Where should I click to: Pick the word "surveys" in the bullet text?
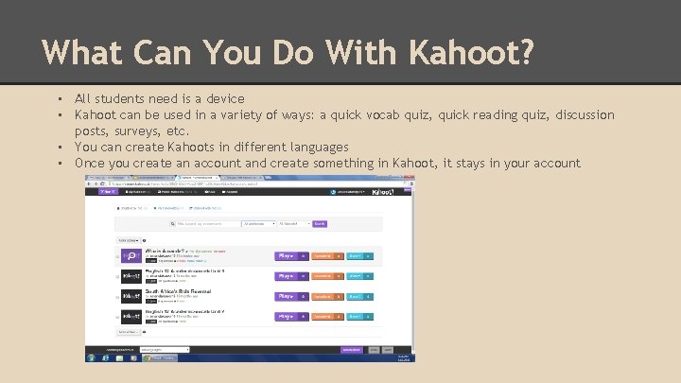tap(138, 131)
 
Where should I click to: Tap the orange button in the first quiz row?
tap(327, 255)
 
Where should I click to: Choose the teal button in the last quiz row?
tap(358, 315)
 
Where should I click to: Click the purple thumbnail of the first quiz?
tap(131, 255)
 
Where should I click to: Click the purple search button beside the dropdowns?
tap(319, 224)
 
